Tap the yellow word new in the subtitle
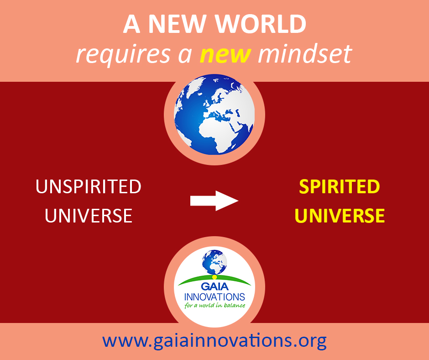[x=225, y=54]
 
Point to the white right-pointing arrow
[x=214, y=201]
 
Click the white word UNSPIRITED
[x=89, y=186]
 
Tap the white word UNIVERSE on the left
[x=89, y=216]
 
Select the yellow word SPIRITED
[x=339, y=186]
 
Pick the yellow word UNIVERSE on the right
[x=340, y=216]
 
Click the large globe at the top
[x=214, y=115]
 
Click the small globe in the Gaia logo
[x=214, y=262]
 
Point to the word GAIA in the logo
[x=215, y=286]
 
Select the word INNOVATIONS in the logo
[x=214, y=296]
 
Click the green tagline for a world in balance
[x=215, y=305]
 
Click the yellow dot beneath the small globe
[x=214, y=277]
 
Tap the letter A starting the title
[x=132, y=24]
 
